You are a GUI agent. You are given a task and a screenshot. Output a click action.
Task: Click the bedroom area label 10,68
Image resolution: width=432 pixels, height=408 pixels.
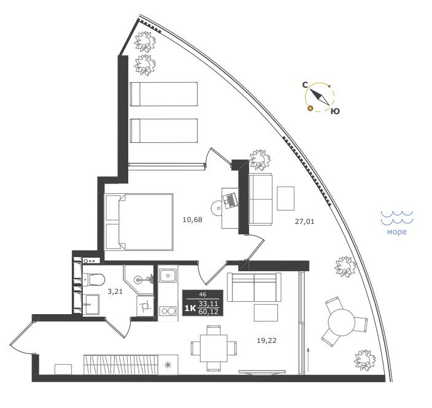pos(192,220)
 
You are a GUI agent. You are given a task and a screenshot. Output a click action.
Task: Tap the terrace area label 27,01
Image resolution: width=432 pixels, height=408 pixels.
pos(304,221)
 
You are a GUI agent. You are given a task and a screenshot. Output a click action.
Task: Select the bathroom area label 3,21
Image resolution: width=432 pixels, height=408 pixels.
pos(115,291)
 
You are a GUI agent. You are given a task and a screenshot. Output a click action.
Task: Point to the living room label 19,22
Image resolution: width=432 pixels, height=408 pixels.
pos(266,341)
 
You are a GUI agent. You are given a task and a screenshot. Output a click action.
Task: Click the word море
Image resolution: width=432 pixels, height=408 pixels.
pos(397,232)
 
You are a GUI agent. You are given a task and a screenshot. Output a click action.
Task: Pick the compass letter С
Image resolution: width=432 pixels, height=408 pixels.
pos(305,85)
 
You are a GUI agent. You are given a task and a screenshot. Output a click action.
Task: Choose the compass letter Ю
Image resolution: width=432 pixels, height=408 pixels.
pos(335,111)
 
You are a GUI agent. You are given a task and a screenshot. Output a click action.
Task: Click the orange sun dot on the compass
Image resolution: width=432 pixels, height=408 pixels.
pos(310,109)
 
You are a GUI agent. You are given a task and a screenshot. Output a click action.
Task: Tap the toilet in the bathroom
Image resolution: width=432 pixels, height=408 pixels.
pos(94,280)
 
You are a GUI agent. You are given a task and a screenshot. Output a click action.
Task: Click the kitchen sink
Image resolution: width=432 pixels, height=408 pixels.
pos(168,275)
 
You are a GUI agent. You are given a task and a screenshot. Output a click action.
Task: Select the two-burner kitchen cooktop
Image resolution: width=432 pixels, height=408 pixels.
pos(168,310)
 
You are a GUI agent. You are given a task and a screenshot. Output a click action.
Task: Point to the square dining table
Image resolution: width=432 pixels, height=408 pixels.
pos(214,348)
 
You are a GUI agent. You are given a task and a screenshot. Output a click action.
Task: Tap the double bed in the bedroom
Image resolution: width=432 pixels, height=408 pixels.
pos(139,222)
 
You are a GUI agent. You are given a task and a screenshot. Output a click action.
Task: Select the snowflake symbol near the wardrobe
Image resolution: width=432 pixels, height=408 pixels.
pos(168,365)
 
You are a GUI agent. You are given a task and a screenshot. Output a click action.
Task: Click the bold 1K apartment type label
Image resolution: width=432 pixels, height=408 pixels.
pos(190,308)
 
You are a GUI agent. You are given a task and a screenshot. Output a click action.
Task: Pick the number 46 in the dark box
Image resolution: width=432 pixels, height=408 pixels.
pos(202,294)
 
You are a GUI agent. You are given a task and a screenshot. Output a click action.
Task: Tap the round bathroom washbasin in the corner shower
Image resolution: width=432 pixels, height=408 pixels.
pos(138,280)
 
